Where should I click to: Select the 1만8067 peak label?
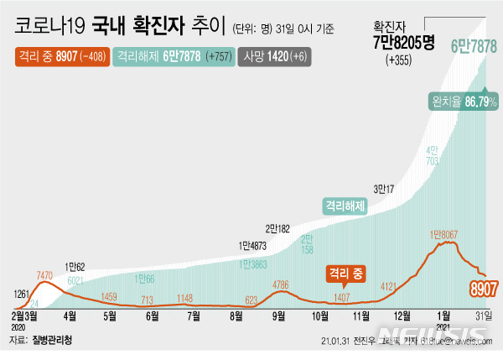[x=448, y=234]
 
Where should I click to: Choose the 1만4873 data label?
[x=255, y=246]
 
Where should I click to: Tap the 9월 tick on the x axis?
[x=277, y=316]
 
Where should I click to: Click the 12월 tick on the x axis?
[x=402, y=316]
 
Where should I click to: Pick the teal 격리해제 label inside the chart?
[x=345, y=204]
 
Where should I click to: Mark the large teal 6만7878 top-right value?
[x=474, y=46]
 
